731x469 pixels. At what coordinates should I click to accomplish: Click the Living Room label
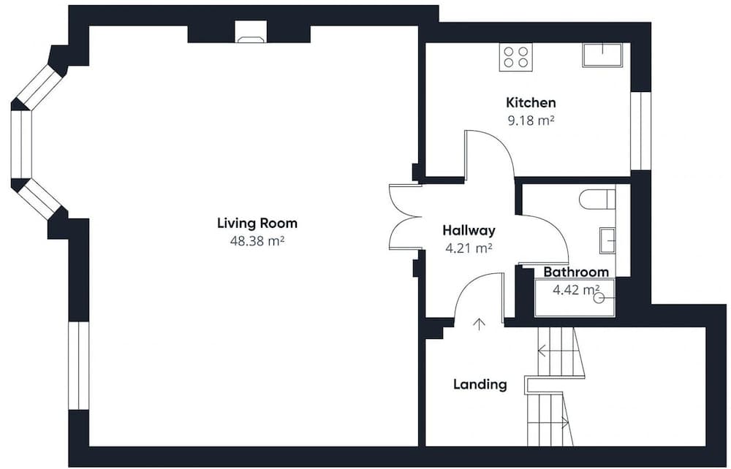pos(257,223)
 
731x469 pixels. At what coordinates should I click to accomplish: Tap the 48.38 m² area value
pos(257,241)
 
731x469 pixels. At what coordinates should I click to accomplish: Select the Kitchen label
pos(531,102)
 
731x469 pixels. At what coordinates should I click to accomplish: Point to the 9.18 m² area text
pos(531,121)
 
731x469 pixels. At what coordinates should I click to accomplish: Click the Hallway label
pos(469,231)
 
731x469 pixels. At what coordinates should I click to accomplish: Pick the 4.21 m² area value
pos(469,248)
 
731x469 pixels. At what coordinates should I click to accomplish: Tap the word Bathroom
pos(576,272)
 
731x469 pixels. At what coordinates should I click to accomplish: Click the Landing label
pos(480,385)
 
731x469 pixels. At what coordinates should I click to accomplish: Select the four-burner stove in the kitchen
pos(515,57)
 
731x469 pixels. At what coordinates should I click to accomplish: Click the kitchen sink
pos(602,55)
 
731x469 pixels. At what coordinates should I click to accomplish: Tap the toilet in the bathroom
pos(597,199)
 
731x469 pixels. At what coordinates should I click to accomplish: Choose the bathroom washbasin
pos(607,240)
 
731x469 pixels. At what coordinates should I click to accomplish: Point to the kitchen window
pos(640,131)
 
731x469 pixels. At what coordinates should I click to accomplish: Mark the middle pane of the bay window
pos(21,145)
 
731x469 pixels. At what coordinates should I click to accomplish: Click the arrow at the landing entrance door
pos(479,324)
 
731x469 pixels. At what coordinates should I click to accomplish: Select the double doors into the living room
pos(406,216)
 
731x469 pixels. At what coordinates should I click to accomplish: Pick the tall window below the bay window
pos(79,365)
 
